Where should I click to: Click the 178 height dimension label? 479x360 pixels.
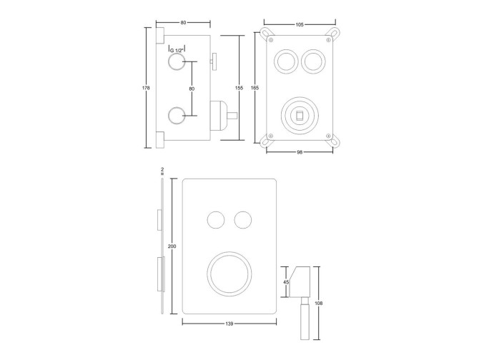[x=147, y=88]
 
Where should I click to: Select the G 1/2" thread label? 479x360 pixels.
[x=174, y=50]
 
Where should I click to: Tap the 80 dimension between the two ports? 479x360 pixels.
[x=192, y=89]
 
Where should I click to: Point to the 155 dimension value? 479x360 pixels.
[x=239, y=87]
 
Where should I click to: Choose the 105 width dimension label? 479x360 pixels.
[x=300, y=24]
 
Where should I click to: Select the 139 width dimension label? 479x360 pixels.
[x=229, y=324]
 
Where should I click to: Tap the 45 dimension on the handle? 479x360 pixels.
[x=287, y=281]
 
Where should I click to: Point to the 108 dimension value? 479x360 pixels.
[x=319, y=304]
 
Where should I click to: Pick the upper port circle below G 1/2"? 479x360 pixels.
[x=176, y=64]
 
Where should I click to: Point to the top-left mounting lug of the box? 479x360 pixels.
[x=267, y=34]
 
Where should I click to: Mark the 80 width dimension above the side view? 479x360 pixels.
[x=184, y=23]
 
